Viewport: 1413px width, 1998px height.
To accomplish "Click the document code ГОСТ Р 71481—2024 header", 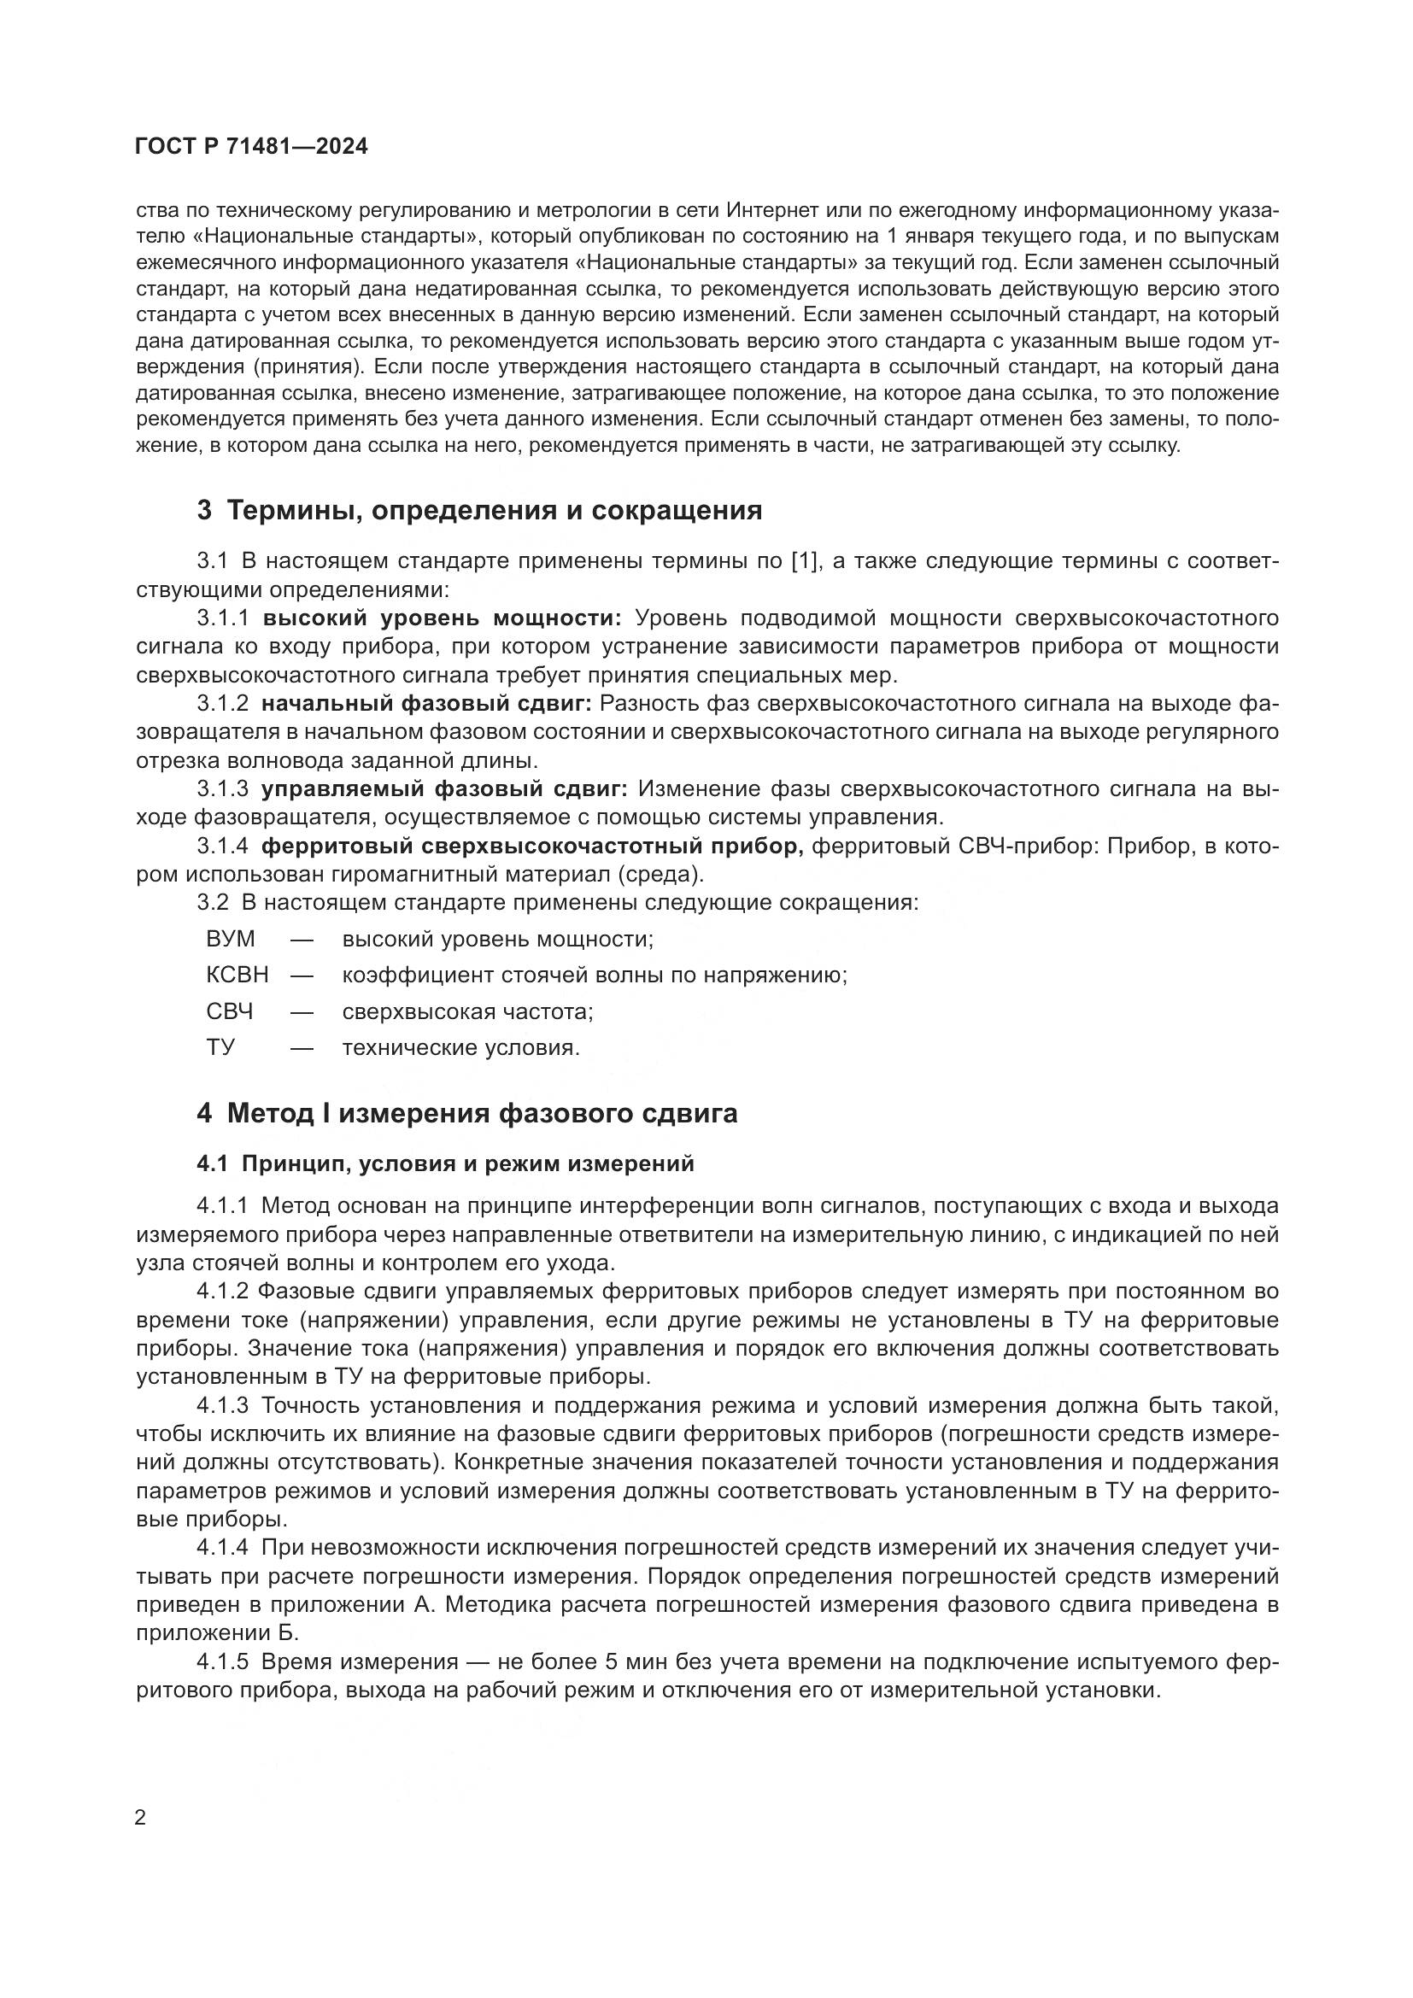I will click(x=251, y=147).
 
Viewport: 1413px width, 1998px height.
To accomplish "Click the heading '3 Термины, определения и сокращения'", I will click(x=479, y=510).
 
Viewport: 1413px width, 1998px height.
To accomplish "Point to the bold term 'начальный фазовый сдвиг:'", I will click(x=426, y=703).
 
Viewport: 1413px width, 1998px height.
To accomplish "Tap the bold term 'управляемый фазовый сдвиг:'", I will click(x=443, y=788).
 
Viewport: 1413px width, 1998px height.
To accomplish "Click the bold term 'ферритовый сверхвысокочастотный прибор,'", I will click(x=532, y=846).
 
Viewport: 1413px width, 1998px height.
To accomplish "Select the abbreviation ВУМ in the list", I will click(x=231, y=939).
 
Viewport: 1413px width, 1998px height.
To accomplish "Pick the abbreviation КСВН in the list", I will click(x=237, y=975).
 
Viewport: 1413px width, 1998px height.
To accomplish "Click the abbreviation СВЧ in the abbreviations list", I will click(x=230, y=1011).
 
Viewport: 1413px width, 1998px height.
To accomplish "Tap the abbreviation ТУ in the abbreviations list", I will click(x=221, y=1047).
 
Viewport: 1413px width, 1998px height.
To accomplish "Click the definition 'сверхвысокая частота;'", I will click(x=467, y=1011).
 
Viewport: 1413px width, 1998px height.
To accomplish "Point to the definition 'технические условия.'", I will click(x=460, y=1047).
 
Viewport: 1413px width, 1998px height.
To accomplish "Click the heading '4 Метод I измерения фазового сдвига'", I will click(x=467, y=1113).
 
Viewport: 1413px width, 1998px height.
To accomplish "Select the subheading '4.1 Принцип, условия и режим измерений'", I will click(x=445, y=1163).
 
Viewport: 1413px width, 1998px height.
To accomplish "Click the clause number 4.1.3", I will click(x=223, y=1405).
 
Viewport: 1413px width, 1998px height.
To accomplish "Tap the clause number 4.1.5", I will click(x=223, y=1661).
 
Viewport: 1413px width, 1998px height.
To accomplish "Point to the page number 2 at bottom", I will click(x=141, y=1818).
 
